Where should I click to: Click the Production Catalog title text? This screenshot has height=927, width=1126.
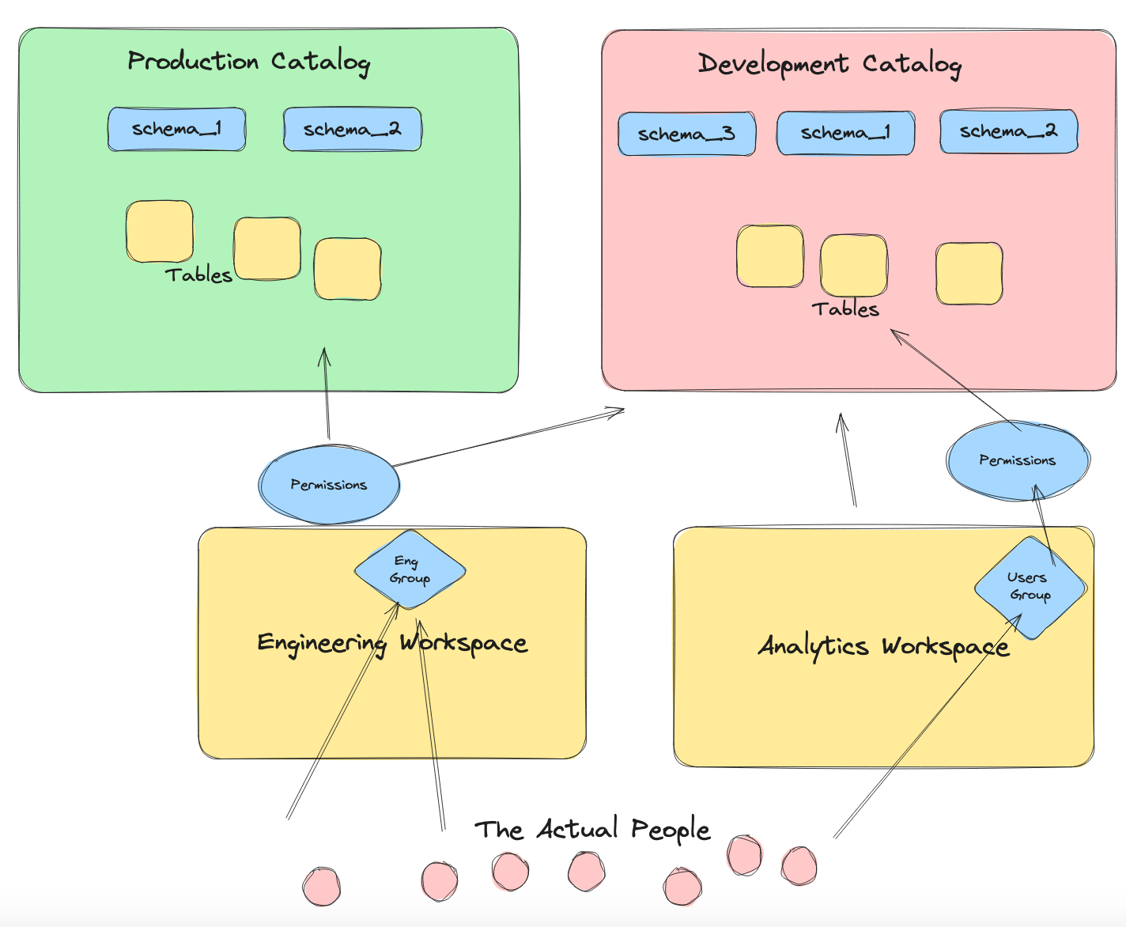pos(248,62)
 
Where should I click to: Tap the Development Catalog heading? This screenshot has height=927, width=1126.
pos(829,64)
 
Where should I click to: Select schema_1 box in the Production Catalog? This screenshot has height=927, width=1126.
pos(176,129)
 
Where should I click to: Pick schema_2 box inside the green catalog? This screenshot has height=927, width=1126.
pos(352,129)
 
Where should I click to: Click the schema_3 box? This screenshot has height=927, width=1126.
pos(686,134)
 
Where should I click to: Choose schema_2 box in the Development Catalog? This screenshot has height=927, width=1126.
pos(1008,131)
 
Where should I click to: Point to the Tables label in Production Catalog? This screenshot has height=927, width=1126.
pos(198,274)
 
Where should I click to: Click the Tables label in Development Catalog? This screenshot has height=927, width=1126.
pos(845,309)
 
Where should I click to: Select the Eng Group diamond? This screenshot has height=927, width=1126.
pos(410,569)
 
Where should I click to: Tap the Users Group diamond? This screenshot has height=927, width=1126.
pos(1030,587)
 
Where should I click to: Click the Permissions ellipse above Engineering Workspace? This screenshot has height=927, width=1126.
pos(329,485)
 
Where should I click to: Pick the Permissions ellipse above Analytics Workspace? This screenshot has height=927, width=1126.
pos(1018,460)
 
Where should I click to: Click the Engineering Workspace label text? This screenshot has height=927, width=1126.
pos(392,643)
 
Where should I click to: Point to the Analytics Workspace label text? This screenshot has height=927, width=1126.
pos(883,646)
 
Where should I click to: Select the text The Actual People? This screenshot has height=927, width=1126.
pos(591,829)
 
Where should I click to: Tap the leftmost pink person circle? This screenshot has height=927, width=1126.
pos(321,886)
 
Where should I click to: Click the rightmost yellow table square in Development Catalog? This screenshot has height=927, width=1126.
pos(969,274)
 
